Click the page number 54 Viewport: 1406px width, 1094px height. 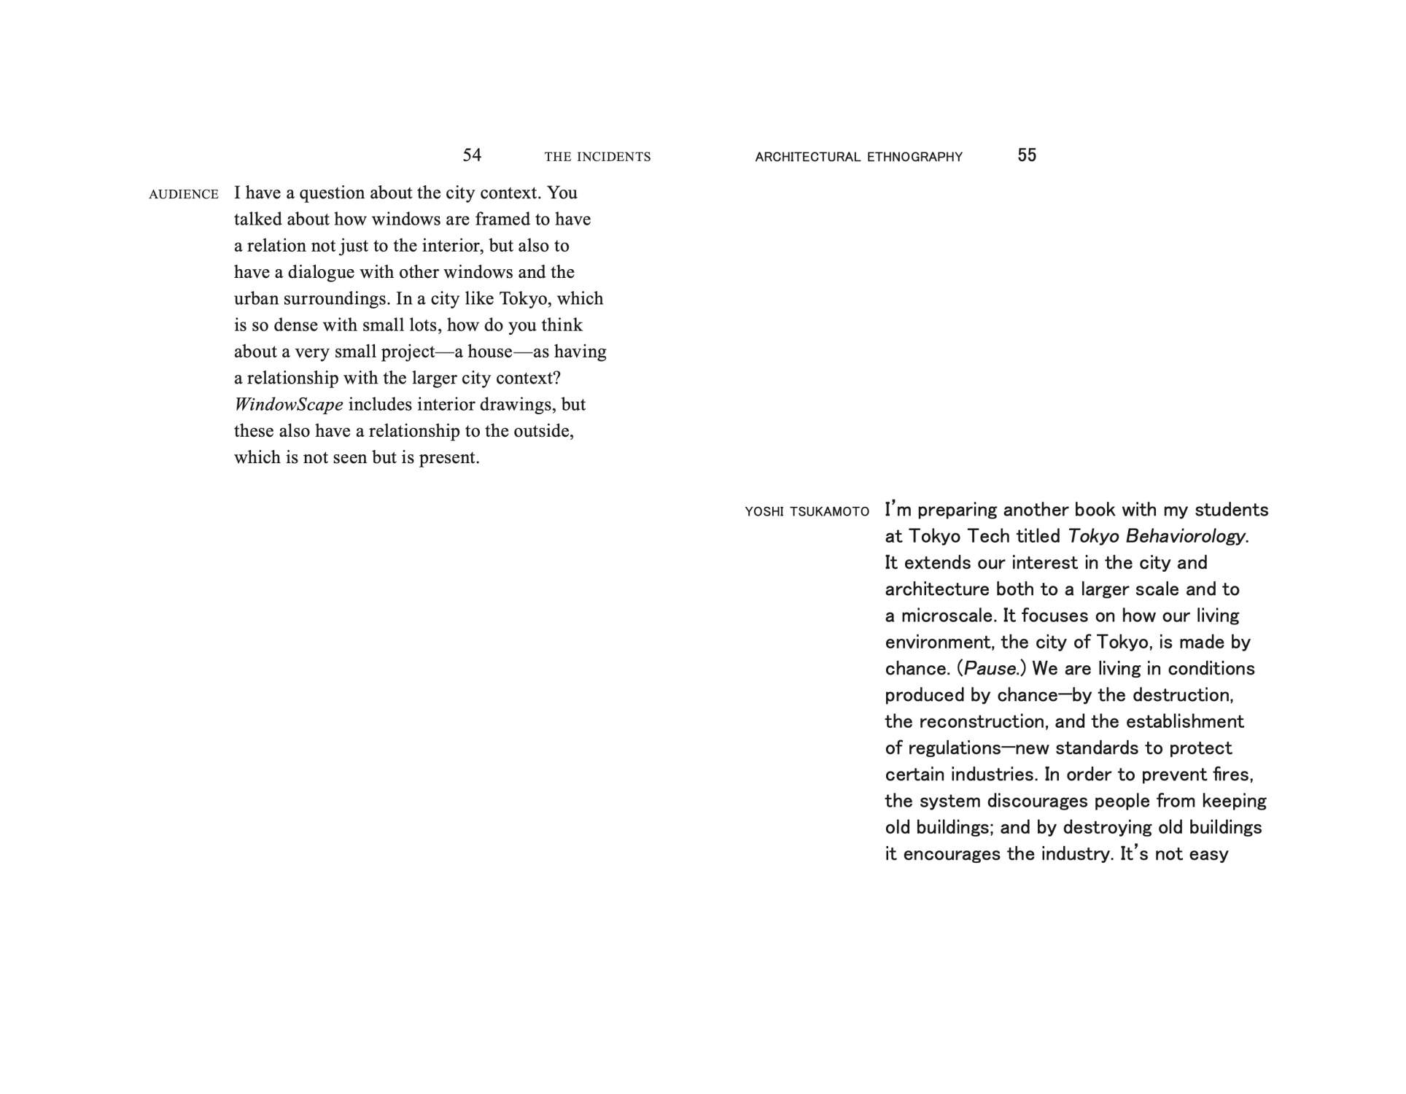pos(472,155)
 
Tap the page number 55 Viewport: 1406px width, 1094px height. pos(1026,155)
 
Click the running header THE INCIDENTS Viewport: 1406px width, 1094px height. pos(597,157)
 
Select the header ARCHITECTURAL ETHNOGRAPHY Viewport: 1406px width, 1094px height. pos(858,157)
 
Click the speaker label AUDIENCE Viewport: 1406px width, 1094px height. pos(184,194)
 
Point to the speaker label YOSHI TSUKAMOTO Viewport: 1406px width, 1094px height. pos(807,512)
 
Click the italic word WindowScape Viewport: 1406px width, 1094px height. pos(288,404)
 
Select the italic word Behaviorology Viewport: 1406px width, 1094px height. pos(1186,536)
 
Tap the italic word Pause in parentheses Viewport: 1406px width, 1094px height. pos(990,669)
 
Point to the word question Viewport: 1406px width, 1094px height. pos(341,193)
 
